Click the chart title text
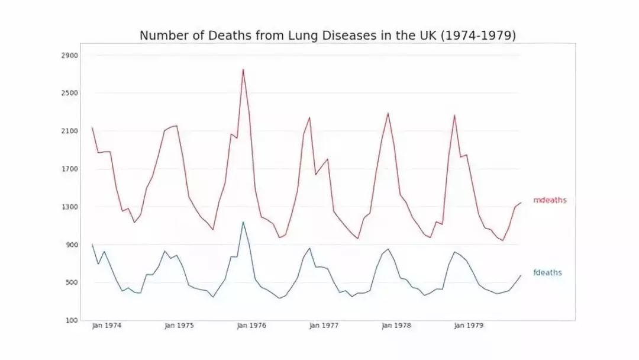click(x=328, y=36)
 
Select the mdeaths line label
click(x=550, y=200)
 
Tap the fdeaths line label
click(x=547, y=273)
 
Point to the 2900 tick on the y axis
click(x=70, y=56)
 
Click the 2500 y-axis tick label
click(x=70, y=94)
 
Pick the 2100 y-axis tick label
click(x=70, y=131)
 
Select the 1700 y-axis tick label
click(x=70, y=169)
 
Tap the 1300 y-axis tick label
click(x=70, y=207)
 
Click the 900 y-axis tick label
click(x=72, y=245)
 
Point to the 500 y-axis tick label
click(x=72, y=283)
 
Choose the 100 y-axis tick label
click(x=72, y=321)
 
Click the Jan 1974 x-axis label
click(x=107, y=326)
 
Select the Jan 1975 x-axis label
click(x=179, y=326)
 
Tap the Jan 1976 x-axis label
click(x=252, y=326)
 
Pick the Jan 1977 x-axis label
click(x=324, y=326)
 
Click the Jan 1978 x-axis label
click(x=397, y=326)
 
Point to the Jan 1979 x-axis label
click(x=469, y=326)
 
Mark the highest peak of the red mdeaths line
click(x=243, y=69)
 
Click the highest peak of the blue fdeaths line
click(x=243, y=222)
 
